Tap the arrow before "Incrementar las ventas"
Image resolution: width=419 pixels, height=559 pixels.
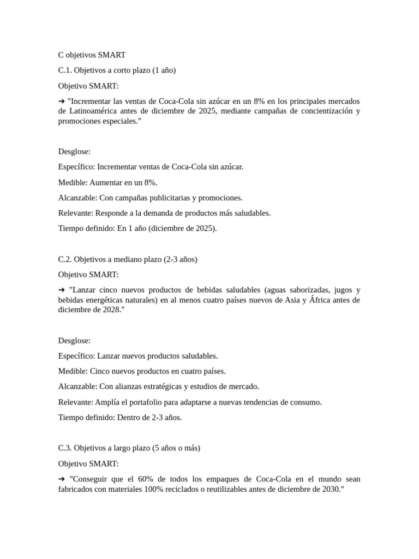click(x=62, y=102)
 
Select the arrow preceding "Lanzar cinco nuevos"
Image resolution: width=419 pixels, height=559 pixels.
click(x=62, y=290)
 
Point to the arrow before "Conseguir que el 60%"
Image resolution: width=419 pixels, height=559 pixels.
click(x=62, y=479)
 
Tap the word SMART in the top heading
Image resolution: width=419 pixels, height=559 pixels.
click(x=112, y=55)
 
